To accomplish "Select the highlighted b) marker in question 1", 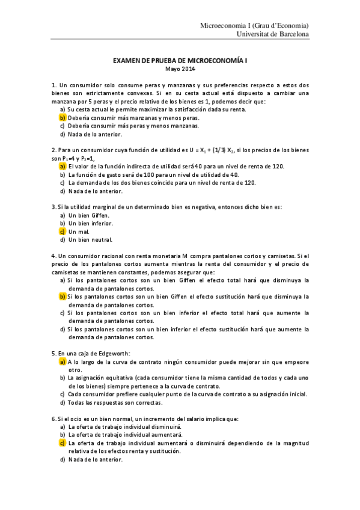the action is click(x=62, y=118).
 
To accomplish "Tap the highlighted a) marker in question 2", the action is click(x=62, y=166).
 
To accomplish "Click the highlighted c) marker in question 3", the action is click(x=62, y=231).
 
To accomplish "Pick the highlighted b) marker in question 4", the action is click(x=62, y=296).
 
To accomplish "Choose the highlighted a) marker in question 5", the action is click(x=62, y=362).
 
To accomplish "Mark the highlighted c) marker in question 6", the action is click(x=62, y=443).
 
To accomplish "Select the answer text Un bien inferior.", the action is click(x=91, y=223).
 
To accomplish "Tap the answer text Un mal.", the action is click(x=79, y=231).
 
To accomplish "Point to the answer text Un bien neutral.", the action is click(x=90, y=239).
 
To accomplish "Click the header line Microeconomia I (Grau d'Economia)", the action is click(x=255, y=26).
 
